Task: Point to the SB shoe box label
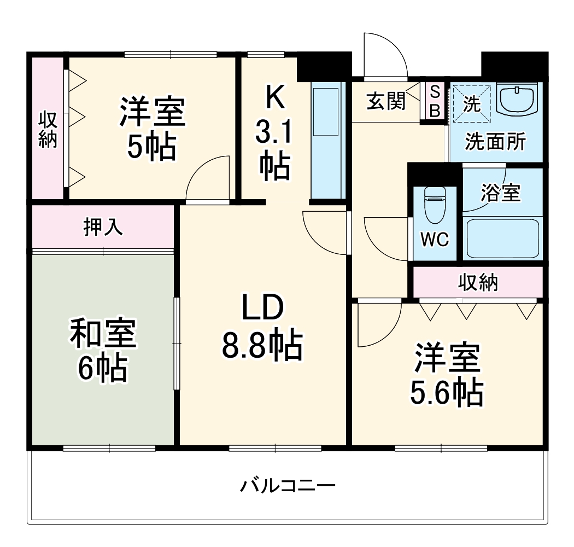pyautogui.click(x=435, y=101)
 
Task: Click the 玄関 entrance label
pyautogui.click(x=385, y=101)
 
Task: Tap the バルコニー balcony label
pyautogui.click(x=288, y=485)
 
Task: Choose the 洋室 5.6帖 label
pyautogui.click(x=447, y=375)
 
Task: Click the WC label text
pyautogui.click(x=435, y=239)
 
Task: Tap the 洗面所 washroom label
pyautogui.click(x=495, y=142)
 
